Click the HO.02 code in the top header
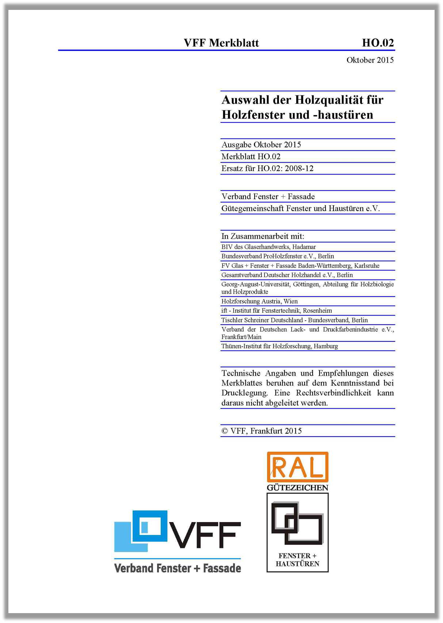(378, 43)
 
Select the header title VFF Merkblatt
(221, 43)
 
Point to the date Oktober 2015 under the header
(370, 60)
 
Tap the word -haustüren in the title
(343, 115)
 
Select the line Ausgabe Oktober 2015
(261, 145)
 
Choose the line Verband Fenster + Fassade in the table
(268, 197)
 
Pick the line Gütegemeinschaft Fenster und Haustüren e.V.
(301, 209)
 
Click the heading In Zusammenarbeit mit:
(263, 236)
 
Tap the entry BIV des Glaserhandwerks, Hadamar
(268, 247)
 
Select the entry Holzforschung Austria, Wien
(259, 302)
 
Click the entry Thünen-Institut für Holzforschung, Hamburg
(279, 346)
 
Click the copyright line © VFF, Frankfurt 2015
(261, 431)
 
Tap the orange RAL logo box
(298, 467)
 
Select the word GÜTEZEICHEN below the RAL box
(298, 488)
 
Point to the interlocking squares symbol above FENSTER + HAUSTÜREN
(297, 523)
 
